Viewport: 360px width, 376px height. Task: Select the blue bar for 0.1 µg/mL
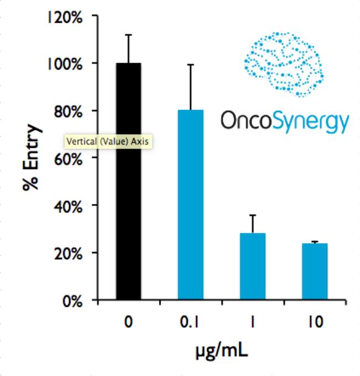click(191, 205)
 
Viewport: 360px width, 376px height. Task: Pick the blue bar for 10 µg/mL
click(315, 272)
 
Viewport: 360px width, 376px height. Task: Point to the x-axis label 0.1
click(191, 322)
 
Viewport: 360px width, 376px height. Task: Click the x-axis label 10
click(315, 322)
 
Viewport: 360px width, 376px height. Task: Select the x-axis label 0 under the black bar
click(128, 322)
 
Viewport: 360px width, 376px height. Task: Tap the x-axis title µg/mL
click(222, 351)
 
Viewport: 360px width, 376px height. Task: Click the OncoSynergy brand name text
click(285, 120)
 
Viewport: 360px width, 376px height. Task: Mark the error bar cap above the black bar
click(128, 35)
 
